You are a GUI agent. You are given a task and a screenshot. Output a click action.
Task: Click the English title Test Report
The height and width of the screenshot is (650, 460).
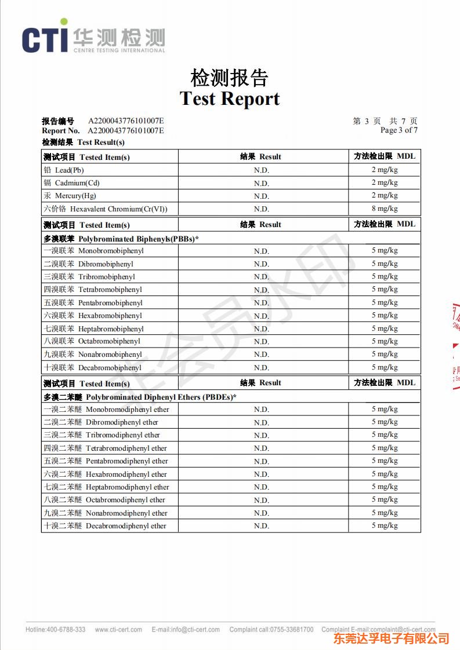click(230, 98)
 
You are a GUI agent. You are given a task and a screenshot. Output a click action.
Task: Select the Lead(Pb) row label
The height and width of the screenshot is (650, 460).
click(69, 170)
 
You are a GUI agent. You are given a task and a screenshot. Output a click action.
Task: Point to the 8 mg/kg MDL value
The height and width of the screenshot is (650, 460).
click(385, 209)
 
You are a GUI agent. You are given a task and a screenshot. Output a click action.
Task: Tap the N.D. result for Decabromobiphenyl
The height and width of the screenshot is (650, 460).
click(262, 368)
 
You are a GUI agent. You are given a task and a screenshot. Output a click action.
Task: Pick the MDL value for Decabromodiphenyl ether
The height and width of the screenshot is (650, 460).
click(385, 525)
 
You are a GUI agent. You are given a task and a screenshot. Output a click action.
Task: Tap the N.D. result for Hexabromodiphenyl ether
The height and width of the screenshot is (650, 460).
click(262, 474)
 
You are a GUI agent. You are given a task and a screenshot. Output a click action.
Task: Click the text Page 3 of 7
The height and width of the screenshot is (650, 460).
click(399, 130)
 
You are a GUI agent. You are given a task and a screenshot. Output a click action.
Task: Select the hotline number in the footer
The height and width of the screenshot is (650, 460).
click(56, 630)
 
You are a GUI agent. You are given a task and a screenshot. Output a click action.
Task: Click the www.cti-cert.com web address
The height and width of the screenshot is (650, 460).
click(118, 630)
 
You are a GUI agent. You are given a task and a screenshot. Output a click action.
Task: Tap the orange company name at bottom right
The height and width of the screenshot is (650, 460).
click(391, 638)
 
